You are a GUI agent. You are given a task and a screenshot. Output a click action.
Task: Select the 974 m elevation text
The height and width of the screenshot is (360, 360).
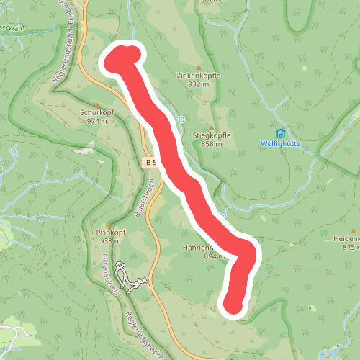click(96, 121)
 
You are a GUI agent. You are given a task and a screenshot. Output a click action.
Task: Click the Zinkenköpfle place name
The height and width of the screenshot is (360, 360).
click(198, 76)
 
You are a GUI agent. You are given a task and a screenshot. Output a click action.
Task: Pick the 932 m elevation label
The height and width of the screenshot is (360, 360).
click(198, 84)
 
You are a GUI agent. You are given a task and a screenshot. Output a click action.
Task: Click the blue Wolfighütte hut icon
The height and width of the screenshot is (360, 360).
click(280, 133)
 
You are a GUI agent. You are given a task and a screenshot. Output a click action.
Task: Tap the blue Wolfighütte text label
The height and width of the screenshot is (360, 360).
click(280, 143)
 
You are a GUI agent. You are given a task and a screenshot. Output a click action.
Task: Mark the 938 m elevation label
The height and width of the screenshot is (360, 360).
click(110, 242)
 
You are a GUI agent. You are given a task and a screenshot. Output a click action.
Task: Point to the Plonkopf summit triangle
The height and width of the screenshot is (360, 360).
click(110, 225)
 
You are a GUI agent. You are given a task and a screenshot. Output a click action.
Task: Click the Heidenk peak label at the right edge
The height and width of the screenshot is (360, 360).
click(346, 238)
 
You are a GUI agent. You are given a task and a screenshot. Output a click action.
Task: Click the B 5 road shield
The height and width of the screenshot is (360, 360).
click(150, 163)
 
